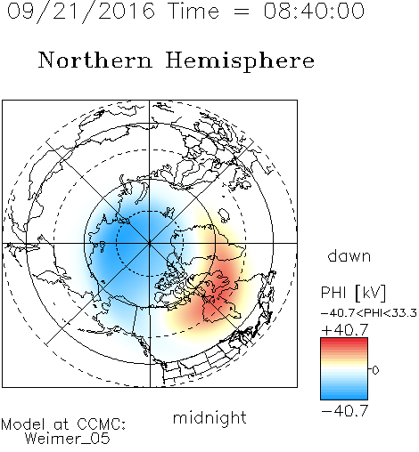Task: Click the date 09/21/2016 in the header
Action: coord(81,12)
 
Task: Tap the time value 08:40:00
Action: coord(314,11)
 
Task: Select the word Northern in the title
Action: coord(95,60)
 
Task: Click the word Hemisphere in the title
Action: coord(240,61)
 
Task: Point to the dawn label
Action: coord(349,255)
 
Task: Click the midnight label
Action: coord(209,417)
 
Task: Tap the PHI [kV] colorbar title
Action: coord(353,293)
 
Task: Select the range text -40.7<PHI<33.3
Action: coord(369,313)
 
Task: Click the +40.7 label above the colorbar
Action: coord(345,330)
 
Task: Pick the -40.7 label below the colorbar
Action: coord(345,411)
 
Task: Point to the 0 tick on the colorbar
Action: coord(375,369)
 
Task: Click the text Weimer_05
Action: coord(68,438)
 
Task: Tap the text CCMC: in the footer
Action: coord(101,424)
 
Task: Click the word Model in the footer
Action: coord(23,424)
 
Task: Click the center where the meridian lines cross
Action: coord(150,243)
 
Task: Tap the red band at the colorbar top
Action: coord(344,341)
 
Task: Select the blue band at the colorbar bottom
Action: coord(344,397)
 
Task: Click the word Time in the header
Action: coord(193,11)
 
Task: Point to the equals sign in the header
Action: coord(241,12)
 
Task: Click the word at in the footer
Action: coord(62,424)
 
